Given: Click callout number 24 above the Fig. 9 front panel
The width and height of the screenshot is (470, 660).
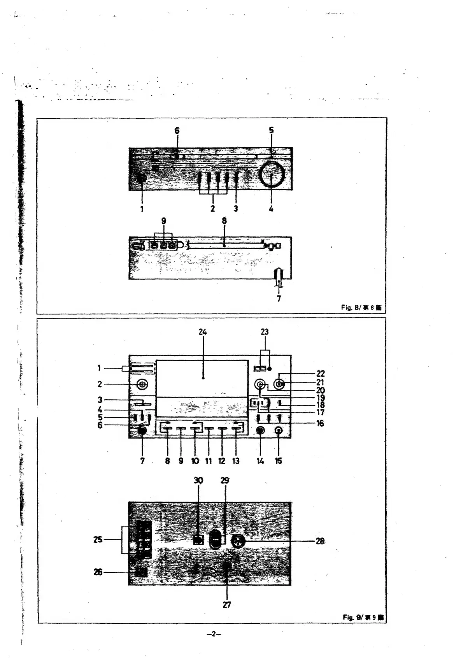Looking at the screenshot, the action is click(x=202, y=332).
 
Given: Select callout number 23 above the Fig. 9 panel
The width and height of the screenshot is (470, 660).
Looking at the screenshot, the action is click(x=265, y=332).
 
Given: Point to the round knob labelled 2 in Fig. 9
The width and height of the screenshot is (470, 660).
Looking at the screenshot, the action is click(x=142, y=384).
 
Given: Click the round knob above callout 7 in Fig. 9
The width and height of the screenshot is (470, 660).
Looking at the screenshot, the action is click(x=142, y=430).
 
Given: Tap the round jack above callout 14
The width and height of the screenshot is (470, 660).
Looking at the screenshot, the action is click(x=260, y=430).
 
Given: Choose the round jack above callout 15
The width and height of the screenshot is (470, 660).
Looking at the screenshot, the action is click(x=279, y=430).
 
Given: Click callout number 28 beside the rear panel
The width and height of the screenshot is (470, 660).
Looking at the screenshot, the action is click(x=320, y=541).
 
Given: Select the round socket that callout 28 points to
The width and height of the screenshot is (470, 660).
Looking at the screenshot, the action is click(x=237, y=541).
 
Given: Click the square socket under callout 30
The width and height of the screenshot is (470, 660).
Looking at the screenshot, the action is click(x=198, y=540).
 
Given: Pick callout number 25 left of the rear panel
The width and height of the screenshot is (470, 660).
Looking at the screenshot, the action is click(x=98, y=539).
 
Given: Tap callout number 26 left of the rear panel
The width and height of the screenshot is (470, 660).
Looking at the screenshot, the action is click(x=98, y=572).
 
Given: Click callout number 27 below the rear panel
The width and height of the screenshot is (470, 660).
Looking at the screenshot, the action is click(x=226, y=605).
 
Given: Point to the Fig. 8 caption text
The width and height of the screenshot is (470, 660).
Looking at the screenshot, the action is click(x=361, y=307).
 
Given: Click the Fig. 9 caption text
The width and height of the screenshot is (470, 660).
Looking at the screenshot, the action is click(x=363, y=617).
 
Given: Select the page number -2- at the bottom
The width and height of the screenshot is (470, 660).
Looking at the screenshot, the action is click(x=214, y=634).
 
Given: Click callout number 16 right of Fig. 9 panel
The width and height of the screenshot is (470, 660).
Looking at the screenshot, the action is click(x=320, y=423).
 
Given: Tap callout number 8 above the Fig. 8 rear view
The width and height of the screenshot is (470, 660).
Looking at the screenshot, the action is click(x=224, y=221).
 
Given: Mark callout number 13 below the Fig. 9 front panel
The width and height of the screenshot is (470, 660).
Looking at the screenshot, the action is click(x=236, y=461).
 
